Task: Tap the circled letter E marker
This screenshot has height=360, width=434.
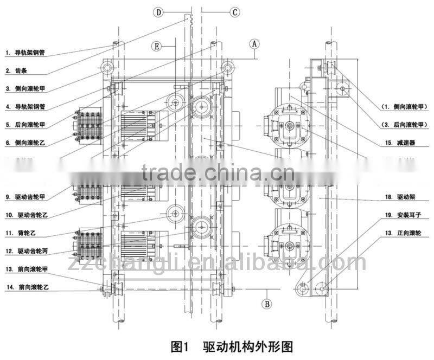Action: click(156, 47)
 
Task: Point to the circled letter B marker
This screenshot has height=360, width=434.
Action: click(267, 304)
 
